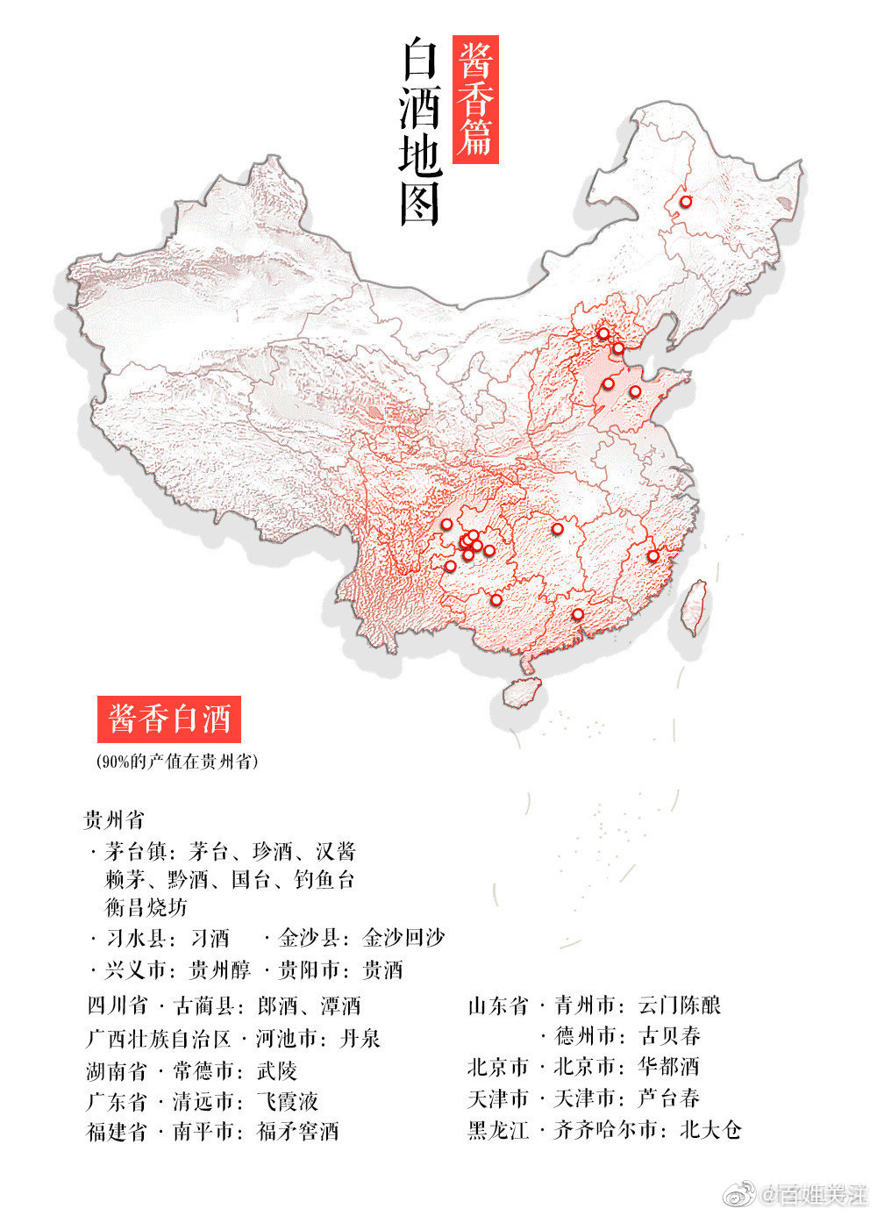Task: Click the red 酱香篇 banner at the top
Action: pos(475,99)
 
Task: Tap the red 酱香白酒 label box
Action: pos(169,719)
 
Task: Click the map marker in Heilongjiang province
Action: pos(686,202)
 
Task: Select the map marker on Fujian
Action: pos(652,555)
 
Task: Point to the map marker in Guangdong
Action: pos(577,614)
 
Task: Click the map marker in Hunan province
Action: pos(557,528)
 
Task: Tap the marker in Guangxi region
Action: pos(496,600)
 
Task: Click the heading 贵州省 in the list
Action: pos(114,821)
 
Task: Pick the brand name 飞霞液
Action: pos(287,1100)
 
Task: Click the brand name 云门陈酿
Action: pos(680,1005)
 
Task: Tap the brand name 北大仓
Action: pos(710,1129)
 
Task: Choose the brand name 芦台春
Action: pos(669,1098)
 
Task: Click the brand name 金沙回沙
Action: pos(404,938)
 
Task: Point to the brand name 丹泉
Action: pos(360,1039)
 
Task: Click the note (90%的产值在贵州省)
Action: pos(178,761)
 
